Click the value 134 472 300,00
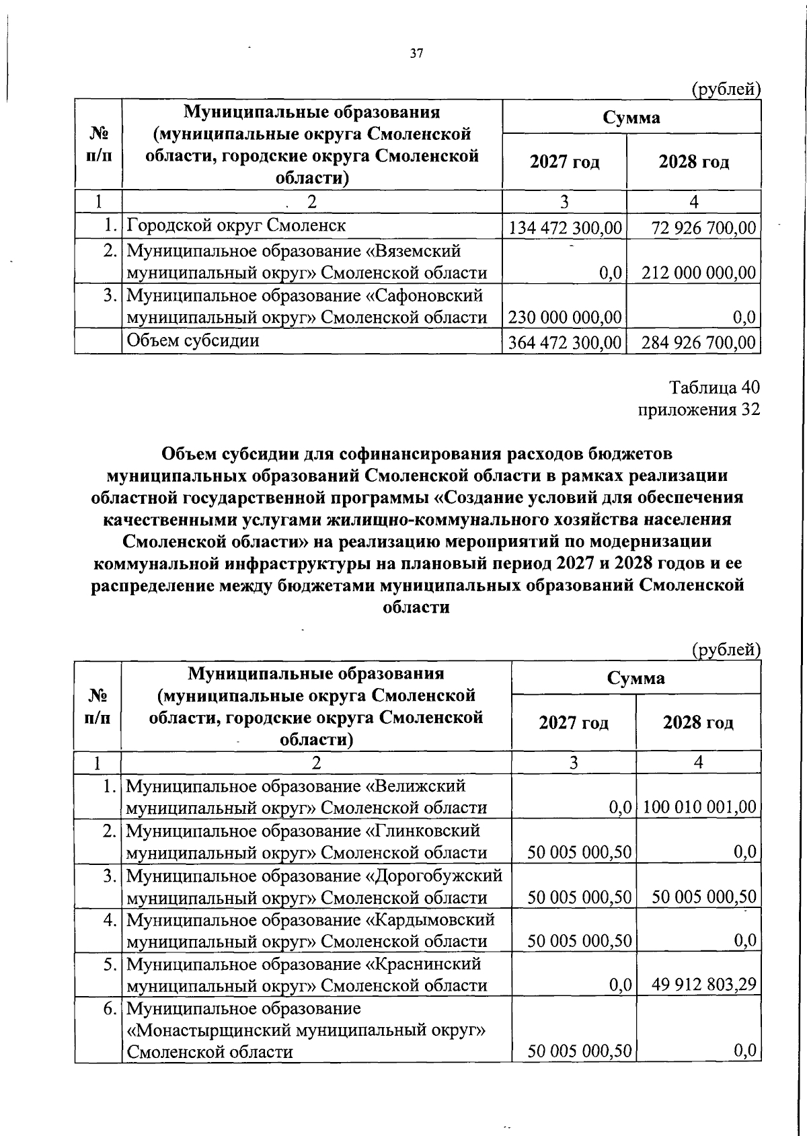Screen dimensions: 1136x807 (565, 228)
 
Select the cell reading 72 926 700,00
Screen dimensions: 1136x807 (703, 228)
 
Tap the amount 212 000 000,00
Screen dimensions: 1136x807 (699, 273)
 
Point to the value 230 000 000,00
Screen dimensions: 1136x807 (565, 317)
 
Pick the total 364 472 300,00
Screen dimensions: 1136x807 (565, 343)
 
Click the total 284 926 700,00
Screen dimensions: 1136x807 (699, 343)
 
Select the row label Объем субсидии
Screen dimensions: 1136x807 (193, 341)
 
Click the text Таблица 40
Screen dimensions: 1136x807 (714, 388)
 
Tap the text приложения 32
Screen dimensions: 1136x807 (699, 410)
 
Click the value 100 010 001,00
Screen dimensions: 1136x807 (699, 807)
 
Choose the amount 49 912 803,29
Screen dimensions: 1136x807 (703, 985)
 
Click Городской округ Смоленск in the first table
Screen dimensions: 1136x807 (236, 225)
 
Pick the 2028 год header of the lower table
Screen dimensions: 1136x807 (698, 723)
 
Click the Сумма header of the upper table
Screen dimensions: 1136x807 (631, 118)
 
